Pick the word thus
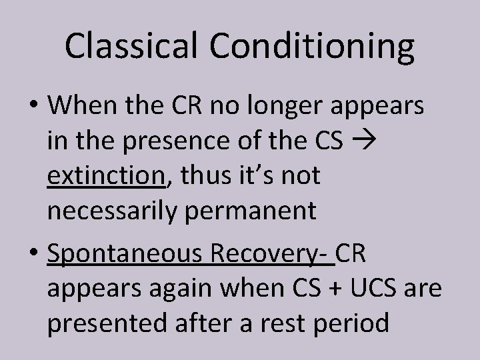coord(197,177)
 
